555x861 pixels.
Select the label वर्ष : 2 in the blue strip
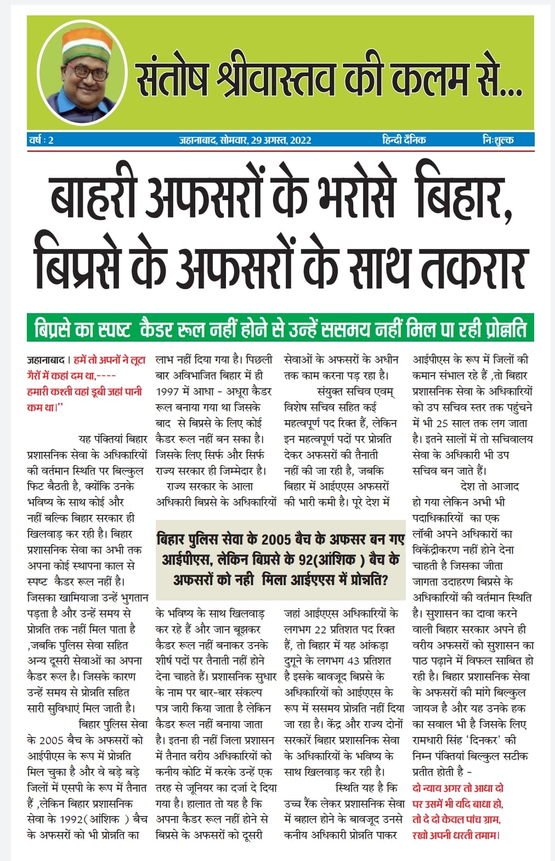[x=41, y=140]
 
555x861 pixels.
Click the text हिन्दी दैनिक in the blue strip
[x=404, y=140]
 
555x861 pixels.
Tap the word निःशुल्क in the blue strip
[x=497, y=140]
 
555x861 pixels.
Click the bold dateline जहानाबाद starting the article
[x=46, y=360]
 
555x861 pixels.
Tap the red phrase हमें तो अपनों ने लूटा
[x=110, y=360]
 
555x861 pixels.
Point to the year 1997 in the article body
[x=168, y=392]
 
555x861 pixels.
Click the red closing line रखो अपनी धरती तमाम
[x=456, y=835]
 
